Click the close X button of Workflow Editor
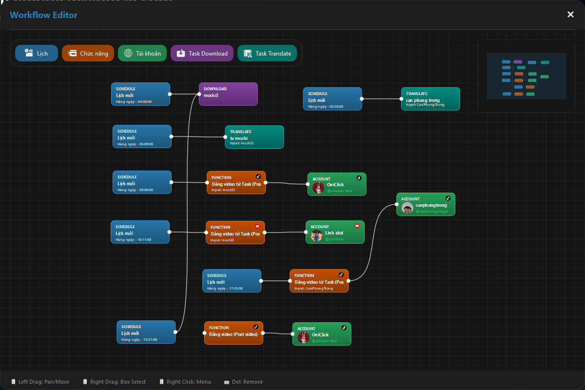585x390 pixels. click(x=570, y=15)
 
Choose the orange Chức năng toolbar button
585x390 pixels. click(x=88, y=54)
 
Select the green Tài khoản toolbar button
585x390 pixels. click(x=142, y=54)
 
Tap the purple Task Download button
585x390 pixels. click(x=202, y=54)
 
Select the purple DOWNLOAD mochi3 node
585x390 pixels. click(x=228, y=94)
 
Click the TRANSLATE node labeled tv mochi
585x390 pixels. click(x=254, y=137)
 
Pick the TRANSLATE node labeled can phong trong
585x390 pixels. click(x=430, y=99)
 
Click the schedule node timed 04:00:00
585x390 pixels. click(x=140, y=94)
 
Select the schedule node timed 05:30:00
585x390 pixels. click(x=332, y=99)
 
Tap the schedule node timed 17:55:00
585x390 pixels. click(x=232, y=281)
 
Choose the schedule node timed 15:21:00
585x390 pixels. click(x=146, y=332)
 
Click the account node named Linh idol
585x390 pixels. click(x=335, y=232)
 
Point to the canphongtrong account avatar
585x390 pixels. click(x=408, y=208)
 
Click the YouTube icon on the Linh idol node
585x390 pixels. click(x=357, y=226)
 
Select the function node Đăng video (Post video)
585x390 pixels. click(x=233, y=333)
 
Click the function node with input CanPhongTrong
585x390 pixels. click(x=319, y=281)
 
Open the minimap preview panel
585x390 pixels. click(x=526, y=76)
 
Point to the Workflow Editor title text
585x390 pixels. click(x=43, y=15)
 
